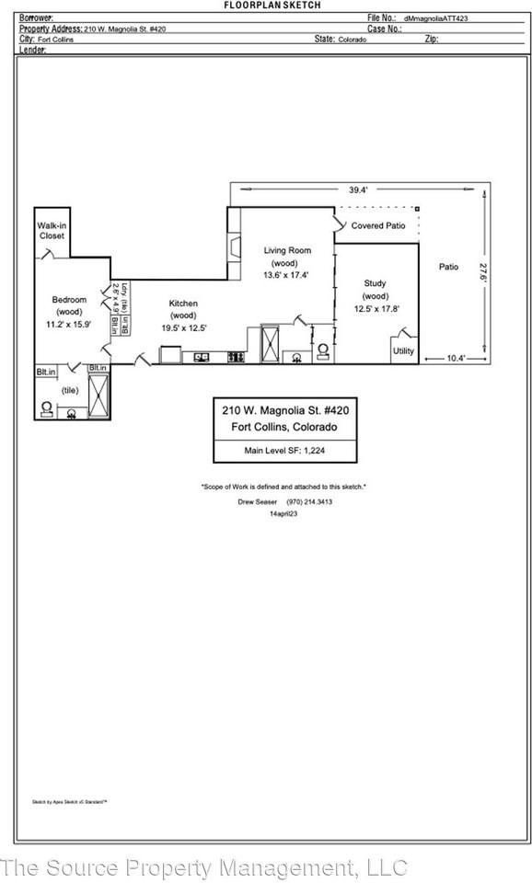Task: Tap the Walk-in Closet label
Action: tap(51, 231)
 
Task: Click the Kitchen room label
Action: tap(182, 304)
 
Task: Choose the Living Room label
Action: tap(287, 250)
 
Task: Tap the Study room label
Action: tap(375, 283)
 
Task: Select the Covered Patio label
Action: tap(378, 225)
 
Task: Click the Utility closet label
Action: tap(404, 350)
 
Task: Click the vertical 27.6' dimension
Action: tap(481, 274)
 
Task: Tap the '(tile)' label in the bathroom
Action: tap(70, 390)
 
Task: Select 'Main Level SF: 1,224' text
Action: tap(284, 450)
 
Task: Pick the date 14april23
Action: tap(283, 514)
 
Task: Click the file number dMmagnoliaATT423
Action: tap(435, 17)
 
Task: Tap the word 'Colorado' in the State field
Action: tap(353, 40)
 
